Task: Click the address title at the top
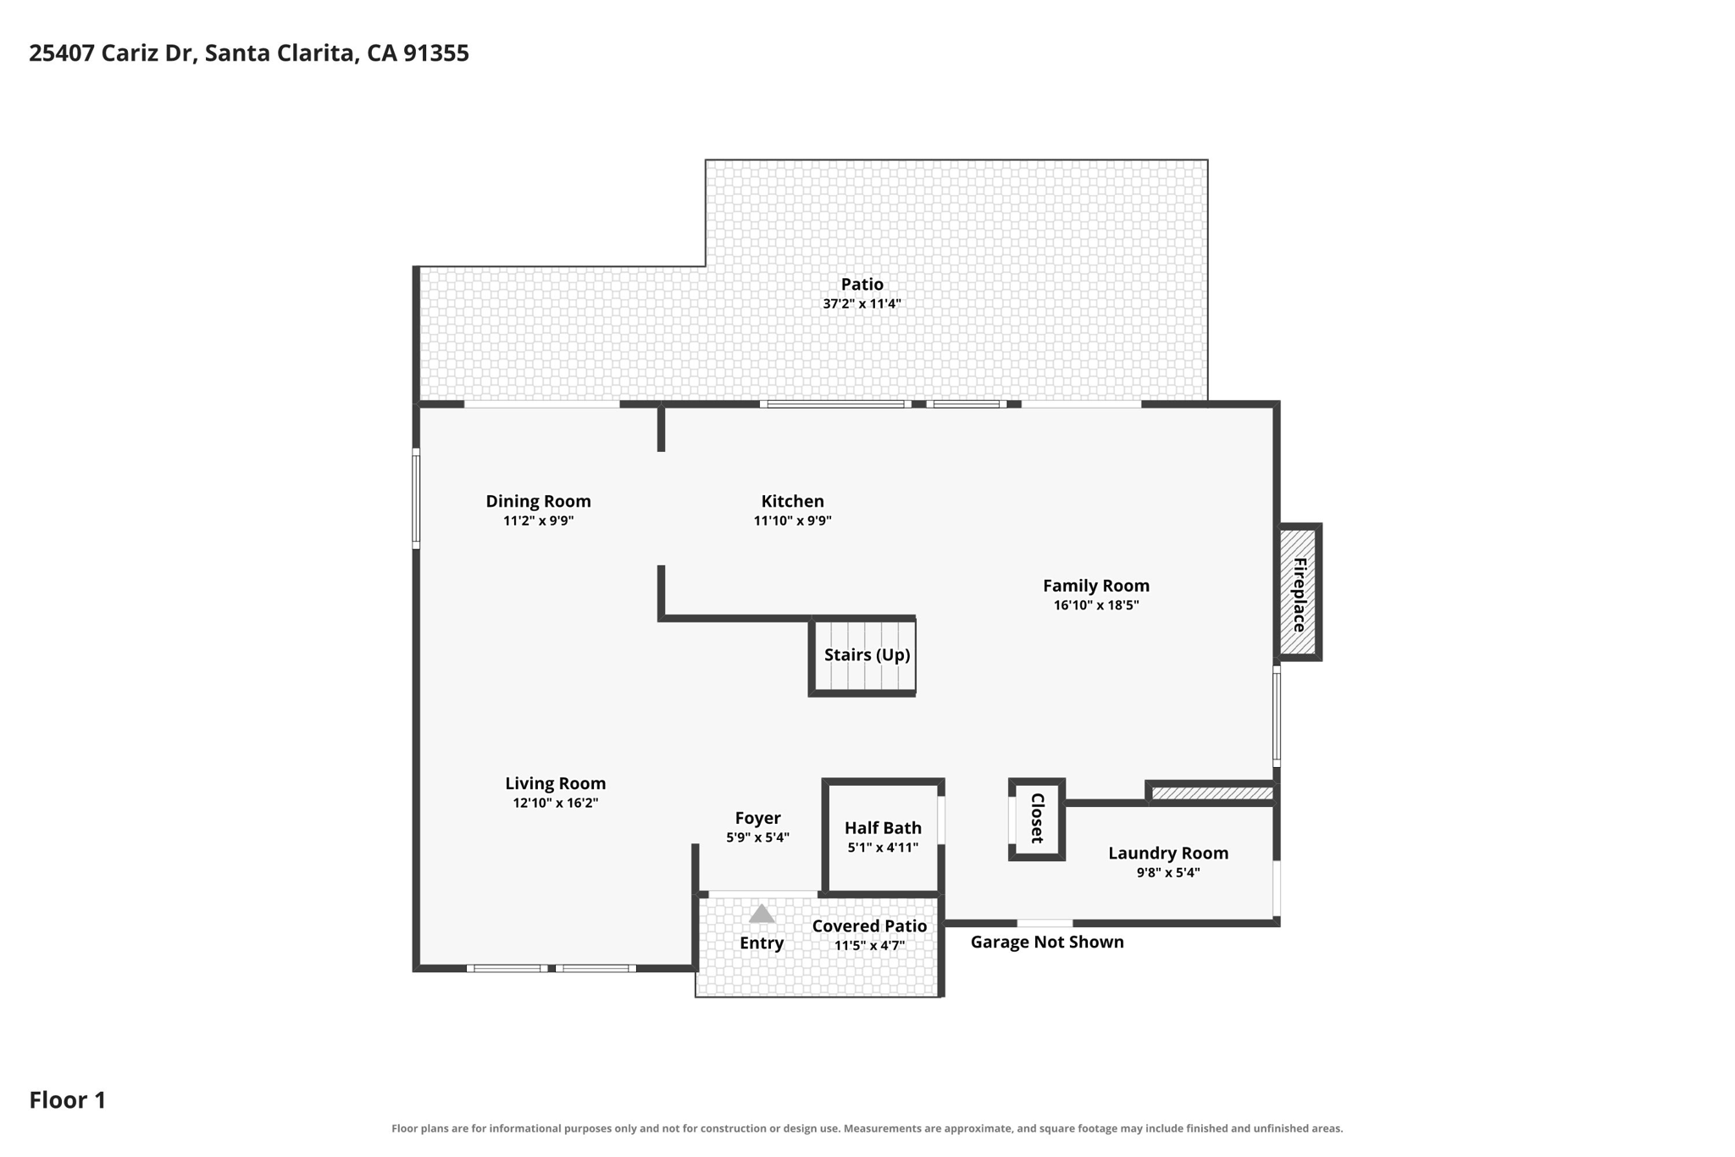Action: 249,53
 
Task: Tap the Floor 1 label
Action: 68,1100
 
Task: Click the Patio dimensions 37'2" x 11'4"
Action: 862,303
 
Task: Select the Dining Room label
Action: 538,501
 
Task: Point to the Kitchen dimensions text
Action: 792,520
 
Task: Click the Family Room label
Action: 1095,586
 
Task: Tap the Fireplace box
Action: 1299,592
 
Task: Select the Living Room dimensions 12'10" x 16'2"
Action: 555,803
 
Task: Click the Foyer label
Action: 757,818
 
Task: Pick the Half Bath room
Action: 883,837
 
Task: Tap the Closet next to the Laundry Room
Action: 1036,819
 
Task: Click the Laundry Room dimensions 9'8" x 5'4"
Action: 1167,872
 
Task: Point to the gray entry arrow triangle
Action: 762,915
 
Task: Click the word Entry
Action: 762,943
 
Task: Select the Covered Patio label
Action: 869,926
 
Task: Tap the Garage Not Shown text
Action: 1047,942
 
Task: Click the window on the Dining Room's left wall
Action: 416,498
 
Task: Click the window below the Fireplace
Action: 1277,716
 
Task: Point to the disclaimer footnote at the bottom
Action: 867,1128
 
